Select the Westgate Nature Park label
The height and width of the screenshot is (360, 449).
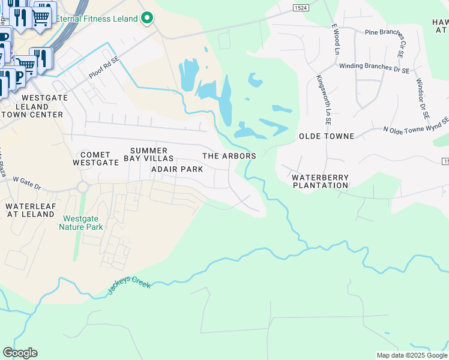click(81, 223)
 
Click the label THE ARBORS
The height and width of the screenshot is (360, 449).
click(229, 156)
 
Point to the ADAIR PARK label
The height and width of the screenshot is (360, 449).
click(177, 169)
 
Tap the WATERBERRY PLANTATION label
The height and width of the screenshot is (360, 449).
click(320, 181)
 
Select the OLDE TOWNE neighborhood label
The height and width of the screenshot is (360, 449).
click(327, 136)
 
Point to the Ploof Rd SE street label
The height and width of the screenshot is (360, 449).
click(103, 68)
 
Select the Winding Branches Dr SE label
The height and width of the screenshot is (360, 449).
click(374, 68)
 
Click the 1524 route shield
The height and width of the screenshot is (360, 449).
click(301, 7)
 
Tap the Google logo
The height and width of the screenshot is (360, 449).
click(20, 353)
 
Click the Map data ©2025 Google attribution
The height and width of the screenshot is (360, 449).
click(411, 355)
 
